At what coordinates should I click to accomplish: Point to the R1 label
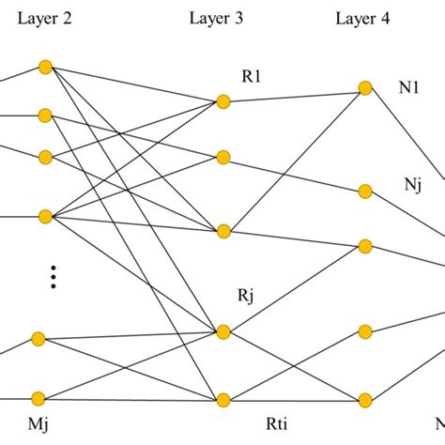pyautogui.click(x=253, y=79)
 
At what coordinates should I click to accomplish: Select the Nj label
pyautogui.click(x=411, y=184)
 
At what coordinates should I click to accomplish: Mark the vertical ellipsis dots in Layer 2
pyautogui.click(x=54, y=276)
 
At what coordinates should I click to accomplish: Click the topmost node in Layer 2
pyautogui.click(x=44, y=67)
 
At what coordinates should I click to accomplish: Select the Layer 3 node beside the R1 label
pyautogui.click(x=222, y=101)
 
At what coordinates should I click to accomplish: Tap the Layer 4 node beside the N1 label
pyautogui.click(x=365, y=88)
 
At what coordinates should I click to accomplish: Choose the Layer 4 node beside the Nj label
pyautogui.click(x=365, y=192)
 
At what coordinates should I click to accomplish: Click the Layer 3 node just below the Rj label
pyautogui.click(x=222, y=330)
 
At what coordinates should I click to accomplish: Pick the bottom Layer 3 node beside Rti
pyautogui.click(x=222, y=400)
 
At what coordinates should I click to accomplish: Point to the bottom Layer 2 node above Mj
pyautogui.click(x=38, y=398)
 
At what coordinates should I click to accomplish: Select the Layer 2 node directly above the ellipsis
pyautogui.click(x=44, y=217)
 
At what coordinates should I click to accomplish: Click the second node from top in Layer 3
pyautogui.click(x=222, y=157)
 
